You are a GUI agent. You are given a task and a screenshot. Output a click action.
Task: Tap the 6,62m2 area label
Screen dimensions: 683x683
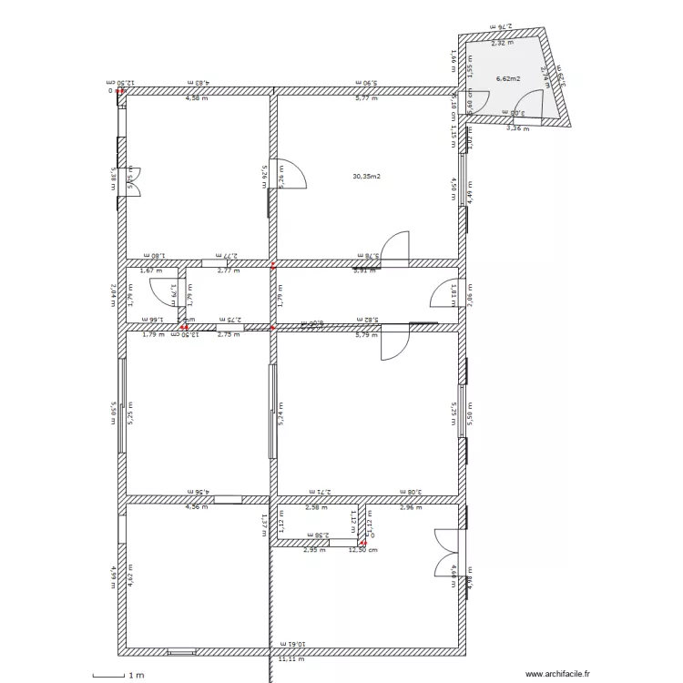(507, 79)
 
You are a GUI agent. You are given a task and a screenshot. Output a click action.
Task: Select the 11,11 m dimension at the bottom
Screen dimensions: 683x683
(291, 658)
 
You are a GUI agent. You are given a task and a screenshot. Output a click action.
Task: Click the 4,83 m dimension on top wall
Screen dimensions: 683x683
(199, 83)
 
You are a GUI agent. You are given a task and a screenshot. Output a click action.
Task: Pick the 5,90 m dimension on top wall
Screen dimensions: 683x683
(366, 83)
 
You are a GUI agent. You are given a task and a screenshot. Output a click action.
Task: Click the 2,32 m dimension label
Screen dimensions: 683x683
(502, 43)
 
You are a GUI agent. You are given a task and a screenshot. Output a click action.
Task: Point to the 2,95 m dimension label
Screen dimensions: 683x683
(314, 550)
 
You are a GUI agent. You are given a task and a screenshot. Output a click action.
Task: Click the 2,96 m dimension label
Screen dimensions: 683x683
(411, 507)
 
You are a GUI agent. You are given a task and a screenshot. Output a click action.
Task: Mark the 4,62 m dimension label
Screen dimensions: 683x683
(130, 576)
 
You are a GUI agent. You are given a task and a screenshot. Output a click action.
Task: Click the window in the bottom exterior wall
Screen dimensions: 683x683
(181, 652)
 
